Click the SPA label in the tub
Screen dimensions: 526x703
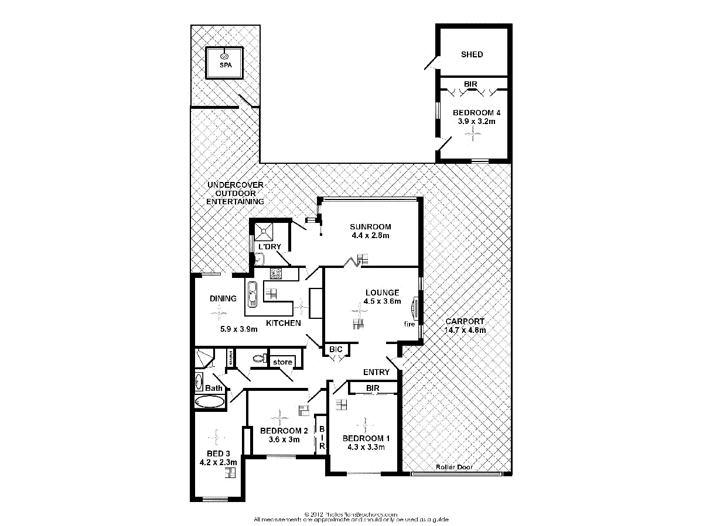click(x=226, y=65)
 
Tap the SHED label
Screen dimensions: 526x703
click(x=472, y=54)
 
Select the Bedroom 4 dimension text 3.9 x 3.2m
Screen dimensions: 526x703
click(x=477, y=122)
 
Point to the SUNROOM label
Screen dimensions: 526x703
click(x=370, y=227)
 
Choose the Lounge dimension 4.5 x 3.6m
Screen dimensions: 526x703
click(x=382, y=302)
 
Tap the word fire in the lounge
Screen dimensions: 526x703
click(x=409, y=324)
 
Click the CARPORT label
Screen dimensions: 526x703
click(x=465, y=321)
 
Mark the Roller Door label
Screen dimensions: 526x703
click(x=454, y=467)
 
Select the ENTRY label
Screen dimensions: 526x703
click(x=376, y=372)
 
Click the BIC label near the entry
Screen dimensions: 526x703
click(x=336, y=349)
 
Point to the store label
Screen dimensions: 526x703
click(x=282, y=362)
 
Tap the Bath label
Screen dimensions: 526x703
click(x=214, y=388)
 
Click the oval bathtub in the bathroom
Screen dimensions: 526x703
click(x=209, y=401)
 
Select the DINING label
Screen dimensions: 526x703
click(x=223, y=298)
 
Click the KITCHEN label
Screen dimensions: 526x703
click(x=284, y=323)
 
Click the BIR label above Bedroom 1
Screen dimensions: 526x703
click(x=372, y=388)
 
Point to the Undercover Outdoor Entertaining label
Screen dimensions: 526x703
click(x=234, y=193)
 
